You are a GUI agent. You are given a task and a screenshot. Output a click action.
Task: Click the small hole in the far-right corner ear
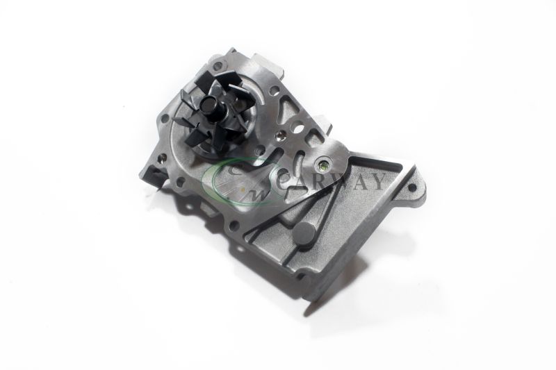[412, 187]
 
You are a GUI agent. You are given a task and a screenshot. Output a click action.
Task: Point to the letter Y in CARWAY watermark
[377, 182]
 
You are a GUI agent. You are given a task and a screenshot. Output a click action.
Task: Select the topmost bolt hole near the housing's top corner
[219, 65]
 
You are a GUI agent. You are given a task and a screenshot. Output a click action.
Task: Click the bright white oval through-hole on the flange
[299, 127]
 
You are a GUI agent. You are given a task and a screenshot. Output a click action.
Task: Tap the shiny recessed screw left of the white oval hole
[282, 134]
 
